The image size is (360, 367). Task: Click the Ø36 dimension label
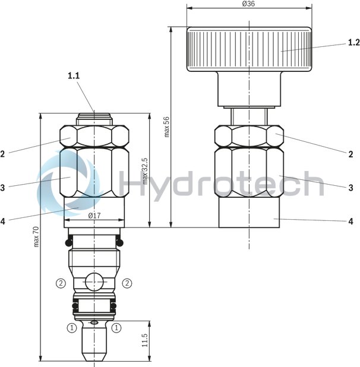[250, 4]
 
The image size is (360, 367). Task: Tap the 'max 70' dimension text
[36, 238]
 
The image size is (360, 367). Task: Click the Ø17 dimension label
[94, 216]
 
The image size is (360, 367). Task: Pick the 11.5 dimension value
[144, 340]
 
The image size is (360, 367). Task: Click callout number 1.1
[74, 75]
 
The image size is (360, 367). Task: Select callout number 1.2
[353, 43]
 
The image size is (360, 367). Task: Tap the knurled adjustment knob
[249, 49]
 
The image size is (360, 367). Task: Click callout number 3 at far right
[351, 187]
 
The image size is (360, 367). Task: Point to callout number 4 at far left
[4, 221]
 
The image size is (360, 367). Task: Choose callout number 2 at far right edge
[351, 153]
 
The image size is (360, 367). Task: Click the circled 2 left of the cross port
[61, 282]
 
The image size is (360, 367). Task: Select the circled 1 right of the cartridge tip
[116, 327]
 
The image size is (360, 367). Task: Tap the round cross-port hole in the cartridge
[94, 281]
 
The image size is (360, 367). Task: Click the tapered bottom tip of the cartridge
[94, 353]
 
